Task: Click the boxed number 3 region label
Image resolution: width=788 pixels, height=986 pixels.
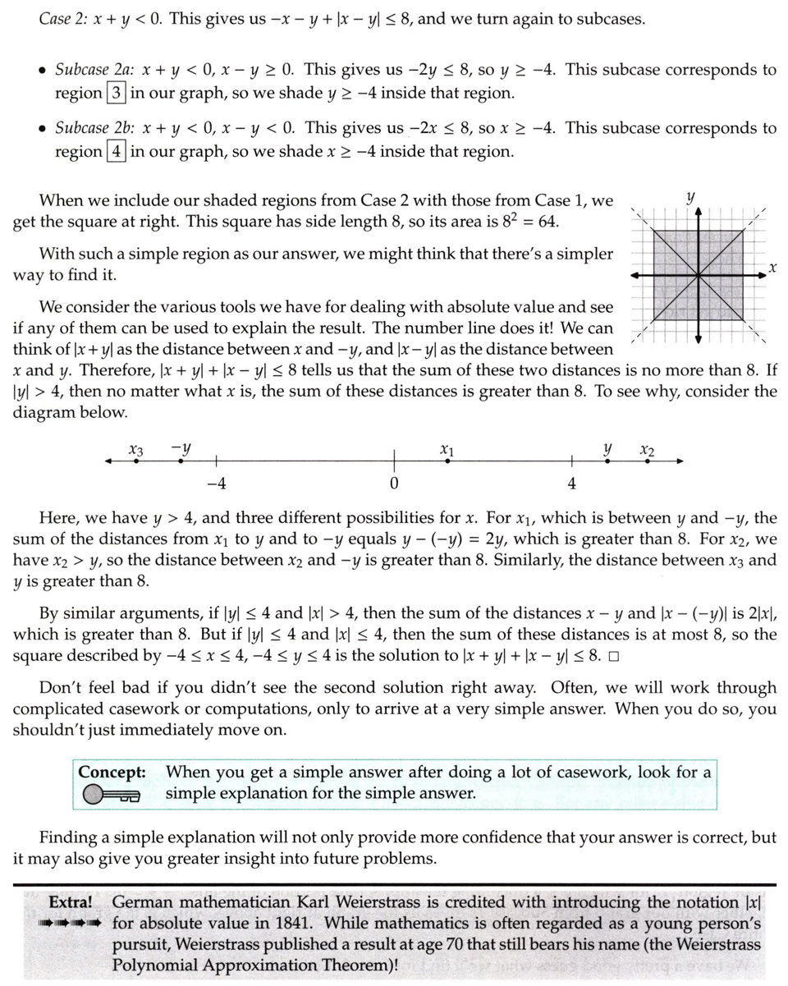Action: tap(115, 93)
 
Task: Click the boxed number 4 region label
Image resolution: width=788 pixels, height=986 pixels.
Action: tap(115, 152)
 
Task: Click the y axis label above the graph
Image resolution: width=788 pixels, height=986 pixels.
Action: tap(690, 197)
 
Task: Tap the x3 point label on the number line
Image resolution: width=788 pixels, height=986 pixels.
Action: tap(136, 450)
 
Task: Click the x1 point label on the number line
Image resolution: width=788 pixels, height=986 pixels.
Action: tap(447, 450)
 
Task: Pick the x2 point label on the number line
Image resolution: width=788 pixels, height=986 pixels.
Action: tap(647, 450)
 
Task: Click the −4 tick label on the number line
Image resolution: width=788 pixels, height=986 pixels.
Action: tap(216, 484)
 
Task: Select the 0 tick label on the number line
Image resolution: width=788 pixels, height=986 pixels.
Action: tap(394, 484)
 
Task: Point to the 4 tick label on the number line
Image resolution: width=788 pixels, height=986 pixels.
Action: tap(572, 484)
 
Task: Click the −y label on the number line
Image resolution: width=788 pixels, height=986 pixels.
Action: tap(181, 448)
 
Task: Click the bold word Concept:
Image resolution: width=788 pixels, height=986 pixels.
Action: tap(112, 773)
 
